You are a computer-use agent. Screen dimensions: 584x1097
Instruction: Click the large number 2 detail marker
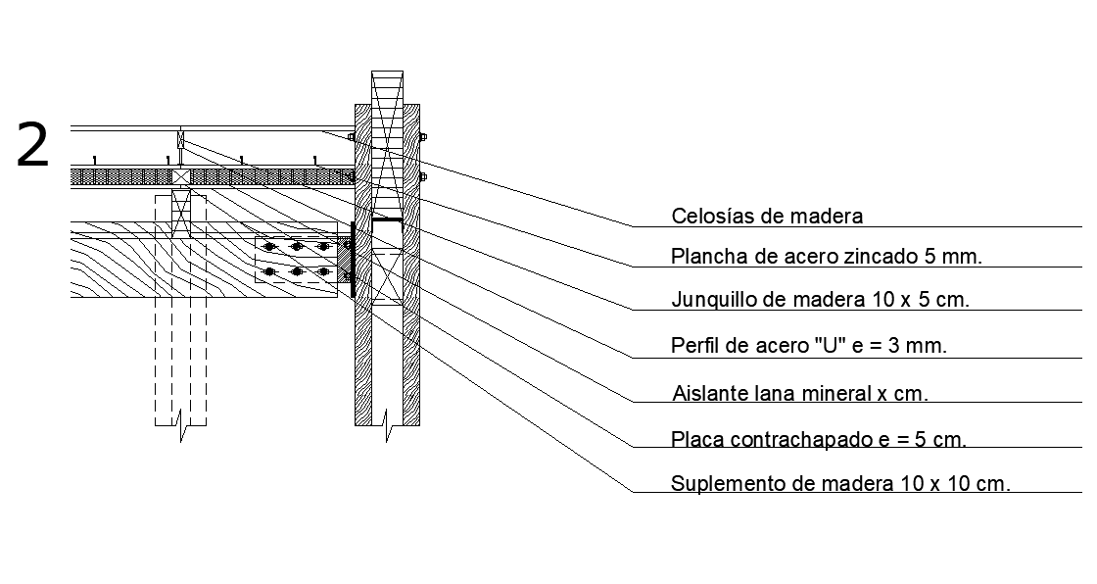coord(33,146)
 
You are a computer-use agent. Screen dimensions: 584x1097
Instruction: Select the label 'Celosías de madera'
coord(767,216)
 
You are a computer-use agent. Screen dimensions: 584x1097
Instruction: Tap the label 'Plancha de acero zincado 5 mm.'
coord(826,257)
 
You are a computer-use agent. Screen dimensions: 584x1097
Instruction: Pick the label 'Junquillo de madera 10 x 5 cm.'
coord(820,300)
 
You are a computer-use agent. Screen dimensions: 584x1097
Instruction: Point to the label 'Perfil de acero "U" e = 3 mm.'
coord(809,345)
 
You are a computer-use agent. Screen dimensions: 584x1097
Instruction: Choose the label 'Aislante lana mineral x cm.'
coord(800,394)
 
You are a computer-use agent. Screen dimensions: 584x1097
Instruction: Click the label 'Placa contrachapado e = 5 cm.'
coord(819,439)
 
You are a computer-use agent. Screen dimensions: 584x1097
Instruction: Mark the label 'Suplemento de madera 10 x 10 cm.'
coord(840,483)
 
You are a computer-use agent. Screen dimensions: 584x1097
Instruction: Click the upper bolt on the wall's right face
coord(423,137)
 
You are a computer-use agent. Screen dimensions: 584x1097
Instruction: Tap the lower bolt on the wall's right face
coord(423,177)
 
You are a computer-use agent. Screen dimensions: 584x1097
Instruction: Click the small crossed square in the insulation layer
coord(180,176)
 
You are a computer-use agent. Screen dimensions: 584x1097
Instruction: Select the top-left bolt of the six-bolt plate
coord(271,246)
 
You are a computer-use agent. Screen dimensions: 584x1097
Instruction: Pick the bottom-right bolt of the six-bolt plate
coord(324,270)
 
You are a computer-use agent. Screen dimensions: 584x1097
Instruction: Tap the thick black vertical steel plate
coord(351,259)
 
